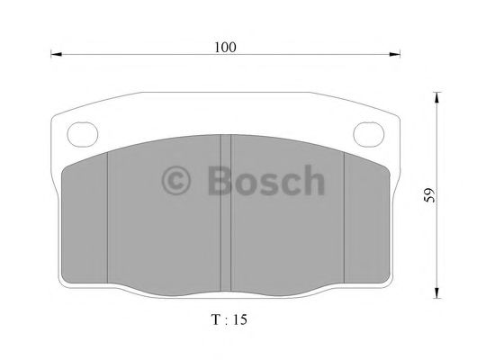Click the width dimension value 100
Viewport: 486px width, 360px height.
coord(226,47)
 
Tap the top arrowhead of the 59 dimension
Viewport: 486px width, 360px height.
coord(436,95)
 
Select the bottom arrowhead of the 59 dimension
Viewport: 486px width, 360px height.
coord(436,293)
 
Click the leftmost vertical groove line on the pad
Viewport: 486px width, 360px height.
coord(108,216)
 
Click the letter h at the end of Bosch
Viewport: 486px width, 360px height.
coord(311,180)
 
